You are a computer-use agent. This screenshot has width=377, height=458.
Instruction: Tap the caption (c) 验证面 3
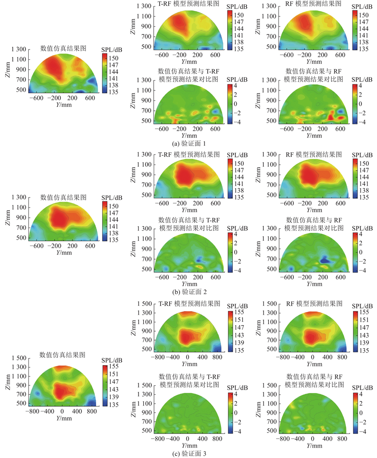point(188,453)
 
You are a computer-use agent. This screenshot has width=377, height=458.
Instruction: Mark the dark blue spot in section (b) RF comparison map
point(324,260)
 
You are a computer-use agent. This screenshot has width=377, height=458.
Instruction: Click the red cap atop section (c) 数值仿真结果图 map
point(63,368)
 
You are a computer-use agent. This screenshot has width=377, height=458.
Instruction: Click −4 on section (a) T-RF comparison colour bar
point(231,121)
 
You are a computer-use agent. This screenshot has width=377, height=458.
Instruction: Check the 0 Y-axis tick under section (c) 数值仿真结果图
point(63,411)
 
